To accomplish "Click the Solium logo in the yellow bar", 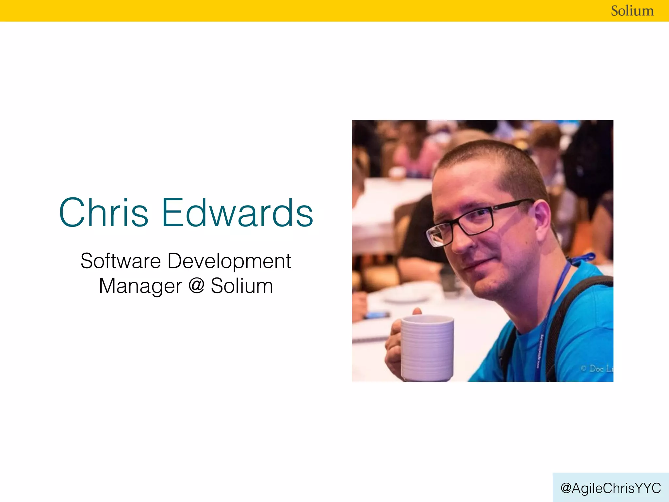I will click(x=632, y=11).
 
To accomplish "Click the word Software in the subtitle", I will click(x=121, y=261).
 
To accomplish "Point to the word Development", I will click(x=229, y=261).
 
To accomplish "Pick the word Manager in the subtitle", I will click(x=140, y=286).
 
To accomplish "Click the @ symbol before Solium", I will click(x=196, y=285).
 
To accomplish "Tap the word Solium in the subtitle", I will click(x=242, y=286).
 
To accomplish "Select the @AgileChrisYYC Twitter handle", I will click(x=611, y=488).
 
